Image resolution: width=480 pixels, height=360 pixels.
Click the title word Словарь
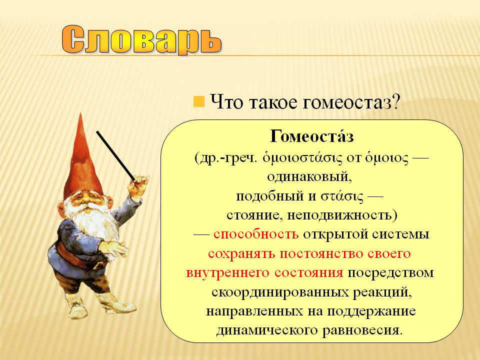(141, 40)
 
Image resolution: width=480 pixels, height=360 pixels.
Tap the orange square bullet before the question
(198, 101)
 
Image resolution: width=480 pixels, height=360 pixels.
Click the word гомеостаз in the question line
(351, 102)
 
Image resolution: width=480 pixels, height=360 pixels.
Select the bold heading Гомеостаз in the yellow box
(312, 136)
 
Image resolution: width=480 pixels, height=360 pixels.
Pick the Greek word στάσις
(341, 196)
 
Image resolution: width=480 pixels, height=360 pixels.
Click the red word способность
(256, 234)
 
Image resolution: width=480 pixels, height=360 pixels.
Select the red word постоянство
(321, 254)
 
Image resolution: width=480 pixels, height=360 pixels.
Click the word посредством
(390, 273)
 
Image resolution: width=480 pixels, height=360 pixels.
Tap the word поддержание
(371, 311)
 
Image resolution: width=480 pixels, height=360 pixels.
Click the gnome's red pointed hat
(82, 162)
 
